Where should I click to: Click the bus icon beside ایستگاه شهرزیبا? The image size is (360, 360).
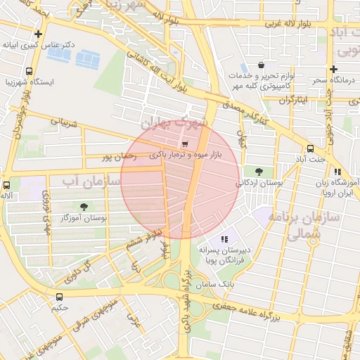tap(29, 71)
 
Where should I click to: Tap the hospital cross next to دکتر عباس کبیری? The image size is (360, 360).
tap(38, 33)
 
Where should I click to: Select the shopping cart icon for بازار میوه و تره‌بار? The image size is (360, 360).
tap(184, 142)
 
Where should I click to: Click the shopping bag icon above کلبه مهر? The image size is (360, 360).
tap(261, 65)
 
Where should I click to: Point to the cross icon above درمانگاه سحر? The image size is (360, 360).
tap(333, 69)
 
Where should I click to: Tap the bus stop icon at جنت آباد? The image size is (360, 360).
tap(310, 148)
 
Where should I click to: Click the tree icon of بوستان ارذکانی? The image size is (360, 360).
tap(259, 171)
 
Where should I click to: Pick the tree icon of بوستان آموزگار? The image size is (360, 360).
tap(84, 207)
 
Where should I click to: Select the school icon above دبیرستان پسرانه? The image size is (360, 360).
tap(224, 239)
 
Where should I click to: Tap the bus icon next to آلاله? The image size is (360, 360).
tap(6, 185)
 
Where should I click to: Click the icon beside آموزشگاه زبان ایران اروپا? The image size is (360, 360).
tap(337, 172)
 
